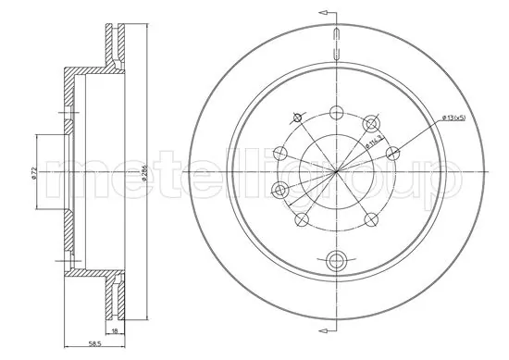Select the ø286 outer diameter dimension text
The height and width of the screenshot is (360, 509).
coord(148,172)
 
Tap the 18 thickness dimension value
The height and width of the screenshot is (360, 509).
coord(114,329)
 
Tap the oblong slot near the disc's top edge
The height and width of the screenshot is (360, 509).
coord(337,42)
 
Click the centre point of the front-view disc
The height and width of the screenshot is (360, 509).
coord(336,173)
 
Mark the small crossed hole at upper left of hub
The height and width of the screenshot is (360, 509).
coord(296,118)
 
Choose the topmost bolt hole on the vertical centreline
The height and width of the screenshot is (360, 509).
coord(336,114)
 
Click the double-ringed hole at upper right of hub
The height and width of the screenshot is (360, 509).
coord(372,122)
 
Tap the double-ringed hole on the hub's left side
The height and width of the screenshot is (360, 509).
coord(280,191)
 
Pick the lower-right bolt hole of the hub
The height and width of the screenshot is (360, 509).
coord(371,220)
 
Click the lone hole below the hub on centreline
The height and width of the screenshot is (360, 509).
coord(337,259)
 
